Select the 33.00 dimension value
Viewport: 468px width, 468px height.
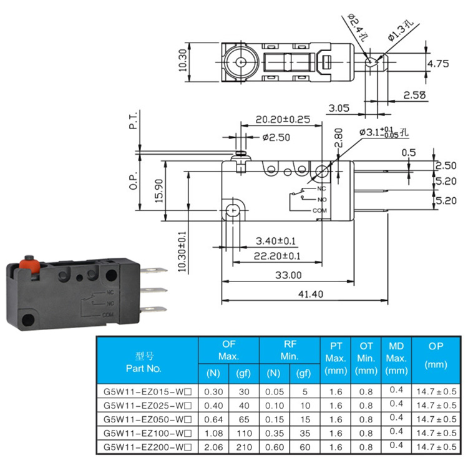[x=288, y=275]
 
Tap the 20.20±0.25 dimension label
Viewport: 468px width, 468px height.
[x=283, y=119]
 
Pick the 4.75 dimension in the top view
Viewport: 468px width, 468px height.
[x=439, y=64]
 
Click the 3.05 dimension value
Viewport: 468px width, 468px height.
[x=339, y=108]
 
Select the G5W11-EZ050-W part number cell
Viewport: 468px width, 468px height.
[x=147, y=419]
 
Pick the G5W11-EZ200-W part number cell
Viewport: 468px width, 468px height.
[x=147, y=447]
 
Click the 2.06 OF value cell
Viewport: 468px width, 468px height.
[x=213, y=447]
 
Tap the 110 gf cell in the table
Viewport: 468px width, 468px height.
[x=243, y=433]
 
